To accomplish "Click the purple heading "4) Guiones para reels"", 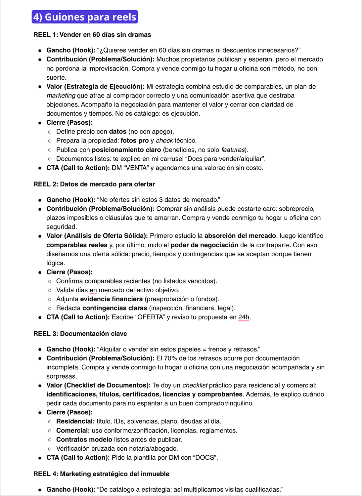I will (x=85, y=17).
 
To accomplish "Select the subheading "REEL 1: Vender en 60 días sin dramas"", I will (x=92, y=35).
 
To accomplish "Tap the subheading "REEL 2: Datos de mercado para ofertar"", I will (x=94, y=184).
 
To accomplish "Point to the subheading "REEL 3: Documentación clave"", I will (x=80, y=334).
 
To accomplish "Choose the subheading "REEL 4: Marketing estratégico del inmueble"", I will (x=101, y=474).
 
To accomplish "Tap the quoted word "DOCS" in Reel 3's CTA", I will (x=205, y=458).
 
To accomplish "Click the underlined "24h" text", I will (x=244, y=317).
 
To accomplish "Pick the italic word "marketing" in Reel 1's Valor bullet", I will (x=61, y=96).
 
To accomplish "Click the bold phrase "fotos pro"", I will (x=134, y=141).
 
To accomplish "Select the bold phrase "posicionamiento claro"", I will (x=126, y=150).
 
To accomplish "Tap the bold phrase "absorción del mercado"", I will (x=240, y=236).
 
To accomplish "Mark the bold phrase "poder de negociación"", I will (x=204, y=245).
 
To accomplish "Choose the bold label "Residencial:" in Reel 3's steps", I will (x=75, y=422).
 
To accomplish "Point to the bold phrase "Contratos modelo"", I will (x=84, y=440).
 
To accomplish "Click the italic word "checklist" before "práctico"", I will (x=195, y=386).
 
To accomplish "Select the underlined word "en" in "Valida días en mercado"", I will (x=93, y=290).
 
